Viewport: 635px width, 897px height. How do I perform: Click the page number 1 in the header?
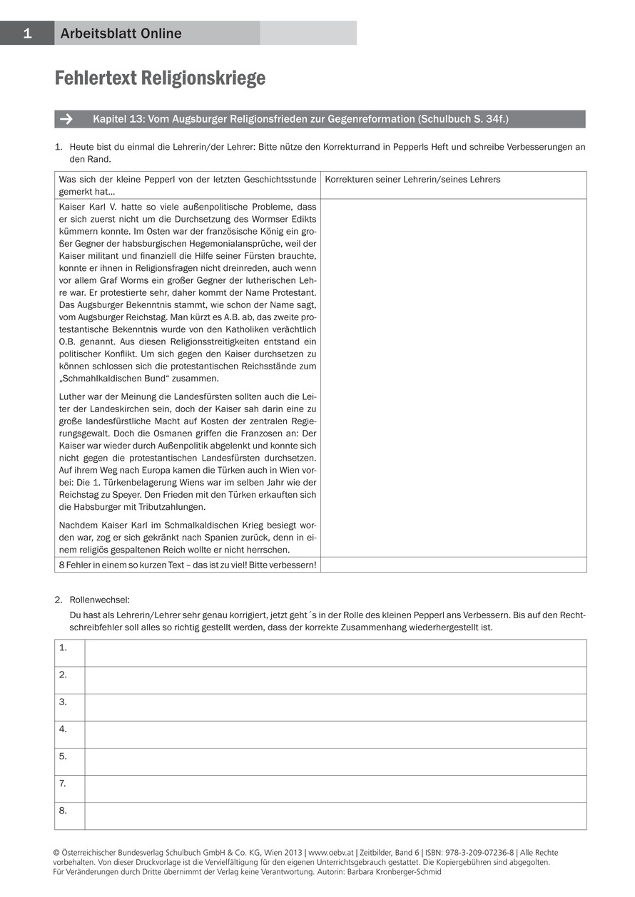click(x=27, y=33)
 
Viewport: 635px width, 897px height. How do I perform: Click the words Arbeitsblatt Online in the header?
click(x=121, y=34)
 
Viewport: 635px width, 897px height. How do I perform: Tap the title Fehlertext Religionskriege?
click(x=160, y=78)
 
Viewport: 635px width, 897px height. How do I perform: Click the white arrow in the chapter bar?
click(x=67, y=119)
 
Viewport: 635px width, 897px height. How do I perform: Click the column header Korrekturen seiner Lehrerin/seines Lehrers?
click(x=412, y=179)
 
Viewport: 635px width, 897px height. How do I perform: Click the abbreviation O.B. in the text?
click(x=68, y=342)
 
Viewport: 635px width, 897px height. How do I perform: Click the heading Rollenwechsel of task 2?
click(x=99, y=600)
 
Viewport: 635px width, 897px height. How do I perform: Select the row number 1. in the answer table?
click(x=63, y=647)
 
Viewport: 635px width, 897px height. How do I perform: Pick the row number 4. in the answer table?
click(x=63, y=729)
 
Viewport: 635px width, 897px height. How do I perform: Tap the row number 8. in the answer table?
click(x=63, y=810)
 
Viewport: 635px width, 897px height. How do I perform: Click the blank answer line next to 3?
click(x=335, y=707)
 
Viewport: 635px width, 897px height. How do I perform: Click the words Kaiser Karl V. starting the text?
click(x=86, y=206)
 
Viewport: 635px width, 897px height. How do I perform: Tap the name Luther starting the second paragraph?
click(x=72, y=396)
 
